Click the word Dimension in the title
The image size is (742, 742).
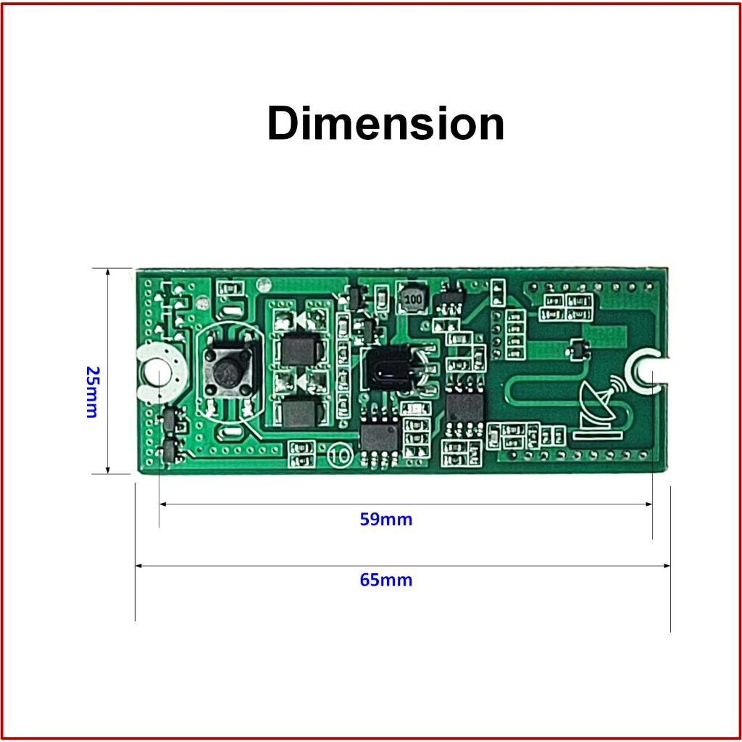point(385,123)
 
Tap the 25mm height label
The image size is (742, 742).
point(92,392)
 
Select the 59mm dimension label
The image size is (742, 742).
point(385,520)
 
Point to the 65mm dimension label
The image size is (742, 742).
point(385,580)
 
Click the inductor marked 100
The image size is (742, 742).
point(412,298)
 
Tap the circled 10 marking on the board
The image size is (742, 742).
point(340,456)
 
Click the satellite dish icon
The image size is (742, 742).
point(599,408)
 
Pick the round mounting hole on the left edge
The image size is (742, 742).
point(157,371)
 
